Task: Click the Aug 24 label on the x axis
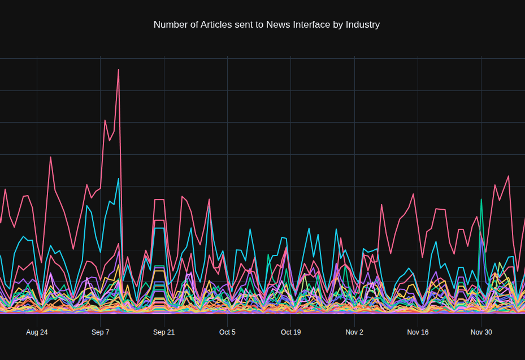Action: (x=37, y=332)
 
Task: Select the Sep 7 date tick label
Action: (x=100, y=332)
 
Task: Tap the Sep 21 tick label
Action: (x=164, y=332)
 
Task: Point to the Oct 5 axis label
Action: (x=227, y=332)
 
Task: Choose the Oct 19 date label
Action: (x=290, y=332)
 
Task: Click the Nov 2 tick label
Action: (x=354, y=332)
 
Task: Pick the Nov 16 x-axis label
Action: (x=418, y=332)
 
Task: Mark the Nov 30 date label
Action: (x=481, y=332)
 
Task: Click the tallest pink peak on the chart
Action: (x=119, y=70)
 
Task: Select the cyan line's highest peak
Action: (x=119, y=179)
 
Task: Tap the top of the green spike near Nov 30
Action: (x=481, y=199)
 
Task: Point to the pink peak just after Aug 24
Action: (x=51, y=157)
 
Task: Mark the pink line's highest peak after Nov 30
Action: (x=509, y=176)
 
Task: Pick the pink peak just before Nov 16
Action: (x=414, y=194)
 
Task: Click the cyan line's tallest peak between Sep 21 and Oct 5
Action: (x=209, y=206)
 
